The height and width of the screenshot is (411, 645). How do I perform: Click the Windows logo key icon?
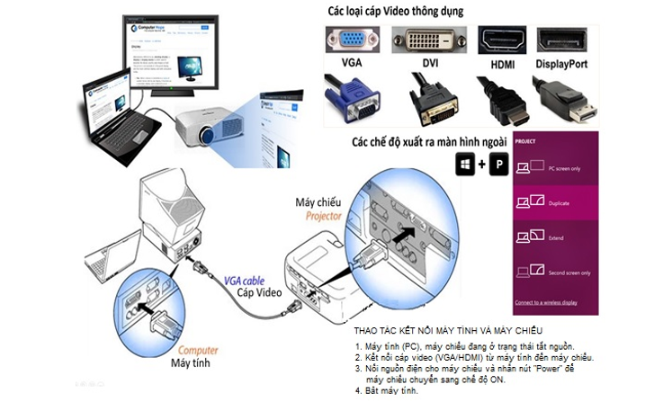point(465,164)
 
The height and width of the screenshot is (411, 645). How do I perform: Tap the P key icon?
point(497,164)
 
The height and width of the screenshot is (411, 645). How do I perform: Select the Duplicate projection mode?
point(558,203)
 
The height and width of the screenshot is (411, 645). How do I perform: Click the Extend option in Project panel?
point(556,237)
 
